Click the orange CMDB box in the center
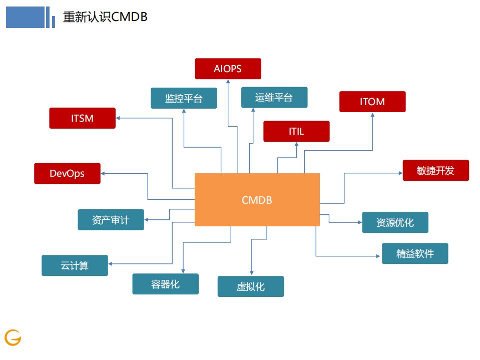pos(257,200)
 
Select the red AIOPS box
pos(228,69)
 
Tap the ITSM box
pos(82,118)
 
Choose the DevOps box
pos(67,174)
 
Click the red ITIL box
pos(296,131)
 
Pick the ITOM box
pos(372,102)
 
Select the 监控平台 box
pos(184,98)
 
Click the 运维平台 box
pos(274,98)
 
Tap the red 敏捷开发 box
pos(435,170)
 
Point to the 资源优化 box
pos(395,222)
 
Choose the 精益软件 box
pos(414,253)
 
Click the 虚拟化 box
pos(250,286)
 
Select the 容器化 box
pos(165,284)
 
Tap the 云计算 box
pos(75,265)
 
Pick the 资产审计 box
pos(111,220)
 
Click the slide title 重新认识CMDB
pos(105,17)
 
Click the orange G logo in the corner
pos(13,337)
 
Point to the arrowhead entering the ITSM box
pos(119,118)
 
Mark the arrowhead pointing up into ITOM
pos(373,115)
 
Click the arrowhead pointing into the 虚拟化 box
pos(251,273)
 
